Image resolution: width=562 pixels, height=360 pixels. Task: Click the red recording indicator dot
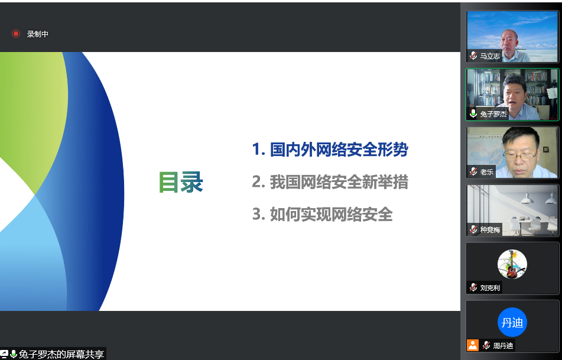tap(16, 34)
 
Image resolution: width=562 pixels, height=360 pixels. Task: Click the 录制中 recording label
tap(38, 34)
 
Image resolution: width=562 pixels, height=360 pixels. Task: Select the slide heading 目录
tap(181, 182)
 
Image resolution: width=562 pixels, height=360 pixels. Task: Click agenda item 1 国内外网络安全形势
tap(330, 149)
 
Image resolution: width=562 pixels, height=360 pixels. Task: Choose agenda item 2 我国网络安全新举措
tap(330, 182)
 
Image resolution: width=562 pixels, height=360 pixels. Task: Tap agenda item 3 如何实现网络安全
tap(323, 215)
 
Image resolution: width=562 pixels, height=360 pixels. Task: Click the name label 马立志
tap(489, 56)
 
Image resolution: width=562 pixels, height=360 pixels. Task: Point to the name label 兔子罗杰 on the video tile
tap(493, 114)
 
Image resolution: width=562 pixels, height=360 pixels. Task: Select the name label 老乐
tap(487, 172)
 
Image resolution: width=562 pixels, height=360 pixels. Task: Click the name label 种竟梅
tap(489, 230)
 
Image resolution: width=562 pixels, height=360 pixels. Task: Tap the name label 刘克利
tap(489, 288)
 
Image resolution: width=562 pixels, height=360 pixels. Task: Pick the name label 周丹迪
tap(503, 346)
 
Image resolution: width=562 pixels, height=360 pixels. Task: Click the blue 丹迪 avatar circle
tap(512, 322)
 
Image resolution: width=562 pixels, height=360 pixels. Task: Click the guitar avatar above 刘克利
tap(512, 264)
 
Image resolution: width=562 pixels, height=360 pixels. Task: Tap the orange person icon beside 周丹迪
tap(473, 345)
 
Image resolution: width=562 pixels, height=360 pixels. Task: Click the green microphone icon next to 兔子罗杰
tap(473, 114)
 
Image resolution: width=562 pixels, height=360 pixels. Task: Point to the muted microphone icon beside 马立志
tap(473, 56)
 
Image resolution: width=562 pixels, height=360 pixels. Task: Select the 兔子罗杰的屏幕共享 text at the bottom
tap(61, 354)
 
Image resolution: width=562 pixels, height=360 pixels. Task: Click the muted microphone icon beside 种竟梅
tap(473, 230)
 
